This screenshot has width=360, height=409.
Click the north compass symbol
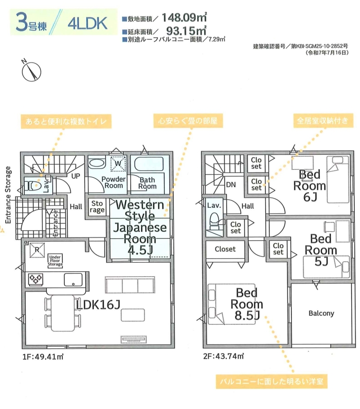[31, 71]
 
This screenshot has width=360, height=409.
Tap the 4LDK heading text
[87, 23]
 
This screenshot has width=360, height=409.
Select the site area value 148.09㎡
[184, 17]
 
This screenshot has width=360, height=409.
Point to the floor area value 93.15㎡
[186, 31]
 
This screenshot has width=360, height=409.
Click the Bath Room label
[147, 183]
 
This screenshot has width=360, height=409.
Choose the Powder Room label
[113, 182]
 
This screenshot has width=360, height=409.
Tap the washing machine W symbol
[118, 164]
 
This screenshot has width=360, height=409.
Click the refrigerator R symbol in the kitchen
[37, 250]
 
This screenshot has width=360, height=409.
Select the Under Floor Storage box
[55, 261]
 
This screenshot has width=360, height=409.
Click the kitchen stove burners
[35, 279]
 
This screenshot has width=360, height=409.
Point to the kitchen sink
[73, 279]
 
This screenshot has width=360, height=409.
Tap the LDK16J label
[98, 304]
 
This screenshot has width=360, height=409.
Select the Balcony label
[321, 313]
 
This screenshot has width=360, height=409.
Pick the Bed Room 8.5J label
[247, 304]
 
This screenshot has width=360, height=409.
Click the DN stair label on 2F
[231, 185]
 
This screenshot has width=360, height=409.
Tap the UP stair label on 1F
[76, 176]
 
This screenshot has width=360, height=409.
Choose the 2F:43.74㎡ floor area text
[224, 356]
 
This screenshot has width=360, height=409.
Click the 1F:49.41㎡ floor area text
[43, 356]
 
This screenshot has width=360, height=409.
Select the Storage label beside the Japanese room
[97, 206]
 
